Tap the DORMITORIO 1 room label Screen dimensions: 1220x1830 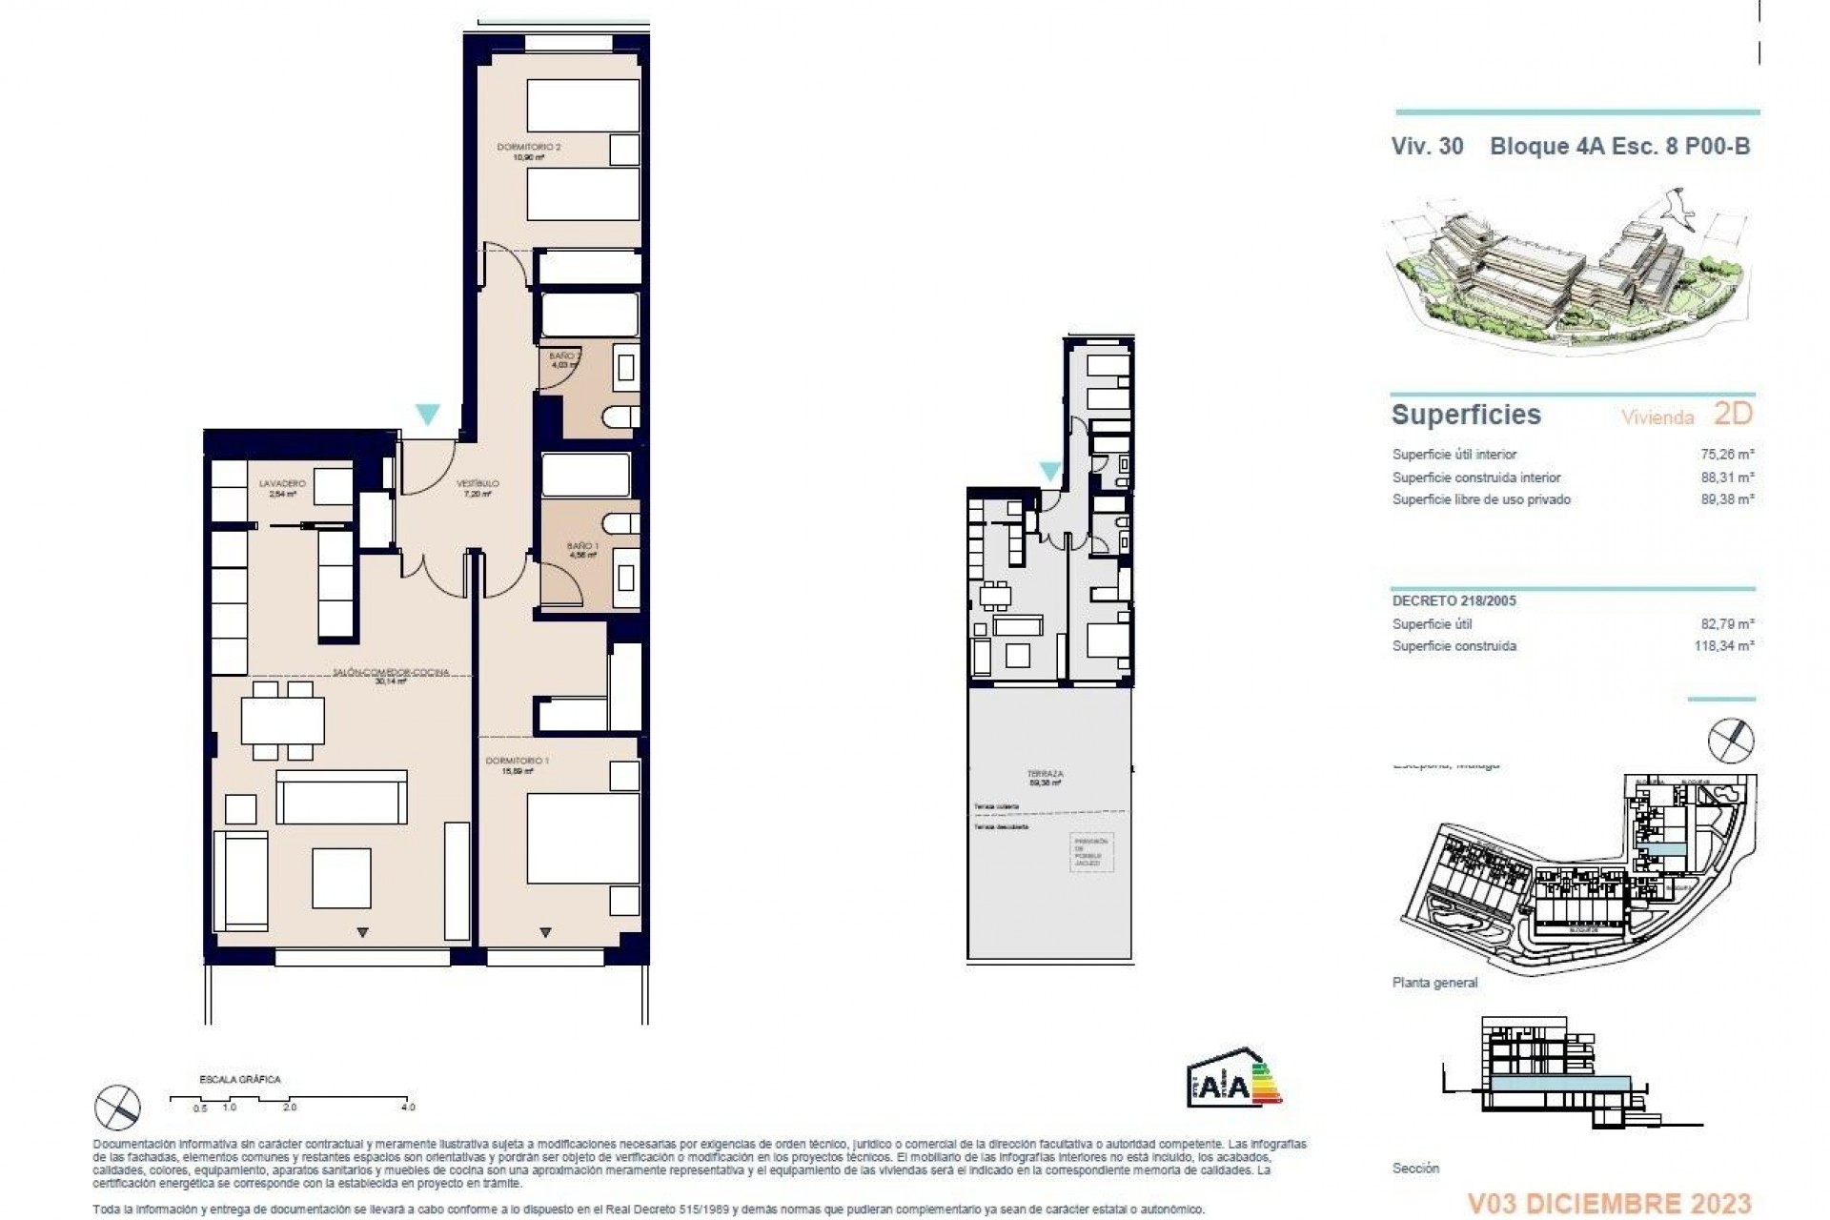[517, 761]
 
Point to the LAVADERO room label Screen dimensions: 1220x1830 [282, 484]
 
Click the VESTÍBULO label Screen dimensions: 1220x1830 [478, 483]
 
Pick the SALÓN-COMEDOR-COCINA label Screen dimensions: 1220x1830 [391, 672]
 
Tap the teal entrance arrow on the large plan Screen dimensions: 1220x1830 [428, 415]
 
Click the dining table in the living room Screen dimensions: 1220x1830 [282, 721]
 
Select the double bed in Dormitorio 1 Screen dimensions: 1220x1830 [582, 837]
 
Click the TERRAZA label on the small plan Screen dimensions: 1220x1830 [1046, 774]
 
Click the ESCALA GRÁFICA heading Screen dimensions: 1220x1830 [239, 1080]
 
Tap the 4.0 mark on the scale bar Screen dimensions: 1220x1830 [408, 1108]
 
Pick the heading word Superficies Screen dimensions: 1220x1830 [1466, 415]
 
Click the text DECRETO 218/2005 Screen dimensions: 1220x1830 [1454, 601]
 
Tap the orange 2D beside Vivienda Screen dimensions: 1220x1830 [1733, 414]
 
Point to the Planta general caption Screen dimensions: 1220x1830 [1434, 983]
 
